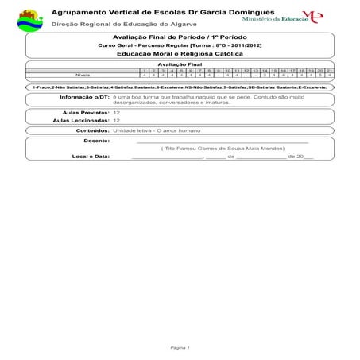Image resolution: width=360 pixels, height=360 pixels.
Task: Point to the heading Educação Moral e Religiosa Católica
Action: pos(180,53)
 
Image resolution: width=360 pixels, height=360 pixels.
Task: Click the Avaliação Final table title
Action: pos(180,63)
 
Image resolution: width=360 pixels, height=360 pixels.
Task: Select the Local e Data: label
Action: pos(90,157)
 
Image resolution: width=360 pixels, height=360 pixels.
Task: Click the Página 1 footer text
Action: pos(180,347)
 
